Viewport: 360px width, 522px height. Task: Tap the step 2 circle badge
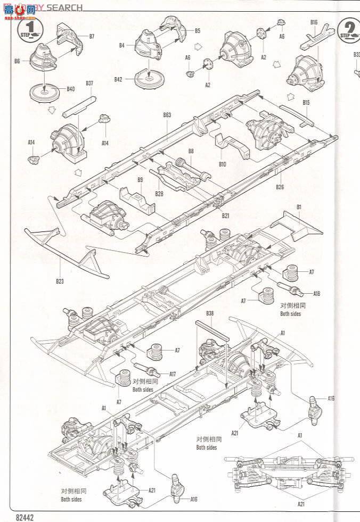pyautogui.click(x=349, y=29)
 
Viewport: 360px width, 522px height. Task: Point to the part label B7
pyautogui.click(x=92, y=36)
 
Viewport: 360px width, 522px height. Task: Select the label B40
pyautogui.click(x=71, y=88)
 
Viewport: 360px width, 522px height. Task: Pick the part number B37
pyautogui.click(x=89, y=83)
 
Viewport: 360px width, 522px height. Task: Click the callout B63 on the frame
pyautogui.click(x=167, y=114)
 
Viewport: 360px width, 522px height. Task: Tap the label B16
pyautogui.click(x=314, y=22)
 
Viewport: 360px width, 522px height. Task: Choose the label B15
pyautogui.click(x=306, y=102)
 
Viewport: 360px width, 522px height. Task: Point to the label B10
pyautogui.click(x=222, y=164)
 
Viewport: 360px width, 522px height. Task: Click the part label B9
pyautogui.click(x=140, y=180)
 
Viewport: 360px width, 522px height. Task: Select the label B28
pyautogui.click(x=159, y=193)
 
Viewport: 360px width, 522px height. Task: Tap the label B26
pyautogui.click(x=280, y=186)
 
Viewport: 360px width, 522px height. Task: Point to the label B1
pyautogui.click(x=299, y=206)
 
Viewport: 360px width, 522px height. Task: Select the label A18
pyautogui.click(x=316, y=293)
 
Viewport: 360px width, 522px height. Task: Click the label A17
pyautogui.click(x=172, y=374)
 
